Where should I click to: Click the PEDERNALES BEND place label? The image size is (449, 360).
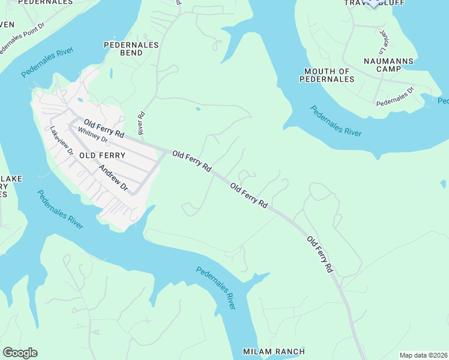coord(131,49)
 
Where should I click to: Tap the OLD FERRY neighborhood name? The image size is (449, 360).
coord(98,155)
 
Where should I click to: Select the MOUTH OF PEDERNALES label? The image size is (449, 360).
coord(327,75)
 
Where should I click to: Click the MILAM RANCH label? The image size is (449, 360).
coord(274,351)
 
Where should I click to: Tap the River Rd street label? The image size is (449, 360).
coord(142,122)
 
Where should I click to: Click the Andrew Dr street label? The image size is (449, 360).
coord(113,179)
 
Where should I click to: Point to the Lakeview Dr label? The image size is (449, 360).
coord(62,141)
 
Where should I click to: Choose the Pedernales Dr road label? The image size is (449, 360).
coord(395,97)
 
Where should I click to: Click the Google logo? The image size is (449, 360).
coord(20,353)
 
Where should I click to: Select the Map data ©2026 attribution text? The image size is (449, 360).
coord(423,355)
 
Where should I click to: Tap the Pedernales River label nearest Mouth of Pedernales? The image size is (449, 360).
coord(336,121)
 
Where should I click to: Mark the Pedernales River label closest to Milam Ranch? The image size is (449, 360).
coord(214,287)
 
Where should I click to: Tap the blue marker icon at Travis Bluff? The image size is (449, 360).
coord(373,2)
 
